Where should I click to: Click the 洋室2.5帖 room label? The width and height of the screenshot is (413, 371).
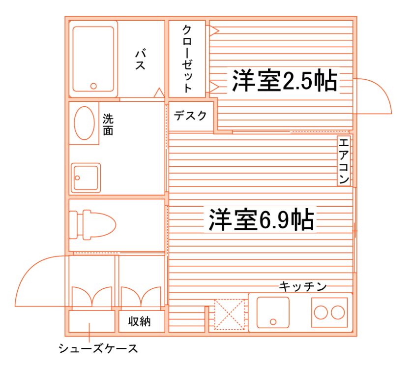pyautogui.click(x=284, y=82)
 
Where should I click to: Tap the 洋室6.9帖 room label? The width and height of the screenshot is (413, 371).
pyautogui.click(x=261, y=219)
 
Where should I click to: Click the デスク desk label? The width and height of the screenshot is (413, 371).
pyautogui.click(x=190, y=116)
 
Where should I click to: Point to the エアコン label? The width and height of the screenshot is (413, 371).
pyautogui.click(x=344, y=161)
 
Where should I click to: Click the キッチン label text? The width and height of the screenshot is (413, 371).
pyautogui.click(x=303, y=286)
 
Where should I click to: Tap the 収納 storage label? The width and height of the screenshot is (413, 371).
pyautogui.click(x=140, y=322)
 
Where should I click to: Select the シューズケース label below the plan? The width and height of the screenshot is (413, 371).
pyautogui.click(x=98, y=349)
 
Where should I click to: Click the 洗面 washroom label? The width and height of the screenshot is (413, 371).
pyautogui.click(x=108, y=124)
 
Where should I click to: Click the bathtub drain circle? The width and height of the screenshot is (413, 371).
pyautogui.click(x=93, y=86)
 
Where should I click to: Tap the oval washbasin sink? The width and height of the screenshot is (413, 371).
pyautogui.click(x=84, y=123)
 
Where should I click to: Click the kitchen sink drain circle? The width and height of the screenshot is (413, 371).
pyautogui.click(x=273, y=322)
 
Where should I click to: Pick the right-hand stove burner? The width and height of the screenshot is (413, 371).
pyautogui.click(x=338, y=312)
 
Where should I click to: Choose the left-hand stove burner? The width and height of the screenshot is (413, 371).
pyautogui.click(x=322, y=312)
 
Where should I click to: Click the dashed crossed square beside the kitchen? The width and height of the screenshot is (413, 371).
pyautogui.click(x=229, y=314)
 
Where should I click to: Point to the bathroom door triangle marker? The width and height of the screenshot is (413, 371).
pyautogui.click(x=158, y=93)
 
